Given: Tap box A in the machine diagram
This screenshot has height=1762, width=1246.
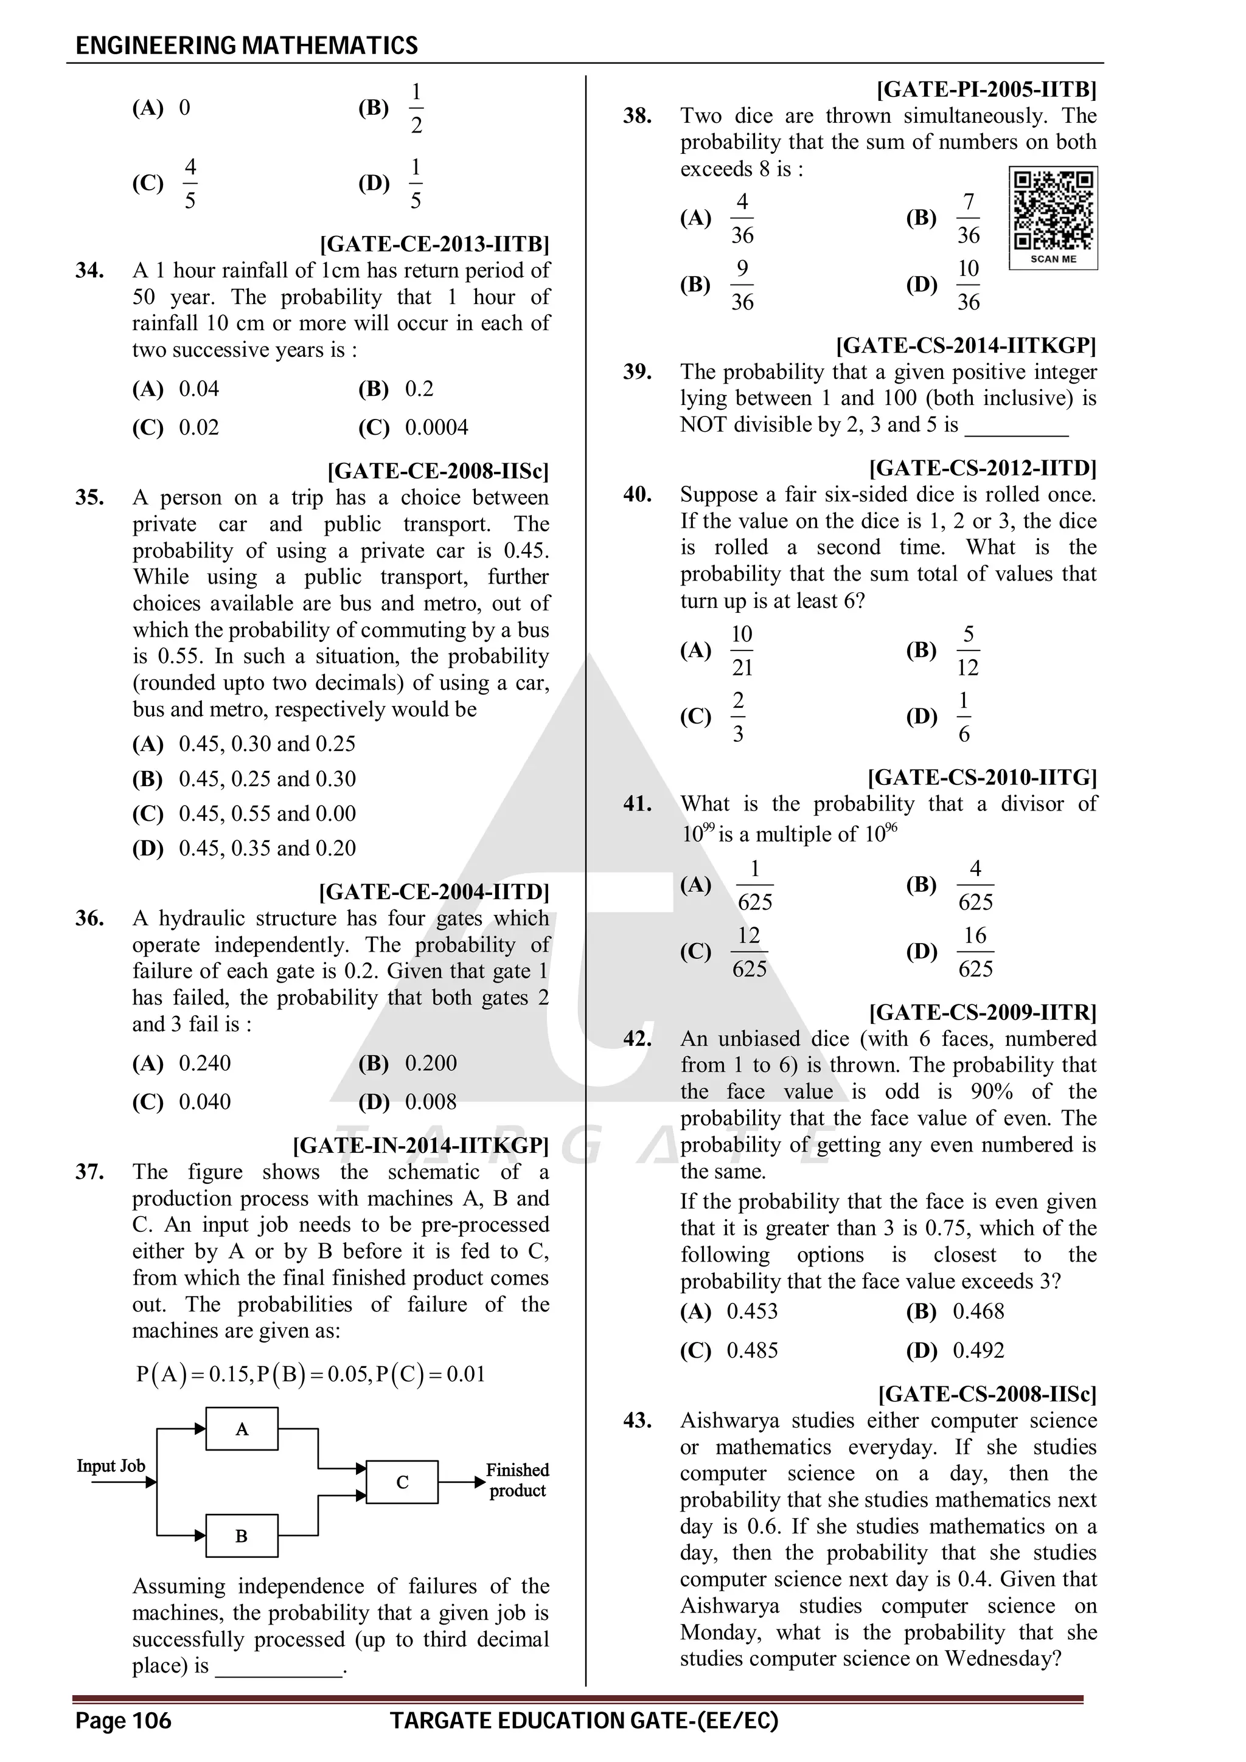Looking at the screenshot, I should pos(242,1429).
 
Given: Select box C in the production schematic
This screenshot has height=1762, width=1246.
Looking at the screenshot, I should pos(402,1482).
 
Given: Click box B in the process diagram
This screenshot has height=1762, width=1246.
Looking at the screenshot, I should pos(242,1536).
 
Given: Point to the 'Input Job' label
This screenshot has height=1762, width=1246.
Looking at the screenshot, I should pos(111,1466).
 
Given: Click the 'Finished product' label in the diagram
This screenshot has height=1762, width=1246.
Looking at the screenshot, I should pos(517,1480).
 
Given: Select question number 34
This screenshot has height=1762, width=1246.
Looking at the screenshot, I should pos(90,271).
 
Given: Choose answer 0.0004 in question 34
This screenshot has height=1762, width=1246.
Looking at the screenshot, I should pos(436,427).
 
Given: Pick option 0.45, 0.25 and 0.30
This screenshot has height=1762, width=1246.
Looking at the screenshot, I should pos(267,779).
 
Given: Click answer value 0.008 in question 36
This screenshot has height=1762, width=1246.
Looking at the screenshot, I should pos(431,1102).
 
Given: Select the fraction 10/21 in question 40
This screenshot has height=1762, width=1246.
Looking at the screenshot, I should pos(742,651).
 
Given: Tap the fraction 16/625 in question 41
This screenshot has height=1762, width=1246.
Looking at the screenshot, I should pos(975,952).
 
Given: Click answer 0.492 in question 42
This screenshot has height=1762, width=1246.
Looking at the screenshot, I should pos(978,1350).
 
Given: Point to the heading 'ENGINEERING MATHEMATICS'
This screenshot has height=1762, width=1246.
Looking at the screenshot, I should pos(247,45).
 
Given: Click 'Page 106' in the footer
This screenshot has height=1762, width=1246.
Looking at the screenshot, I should pos(123,1721).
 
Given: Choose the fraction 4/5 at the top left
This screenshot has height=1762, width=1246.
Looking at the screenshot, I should pos(190,184).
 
